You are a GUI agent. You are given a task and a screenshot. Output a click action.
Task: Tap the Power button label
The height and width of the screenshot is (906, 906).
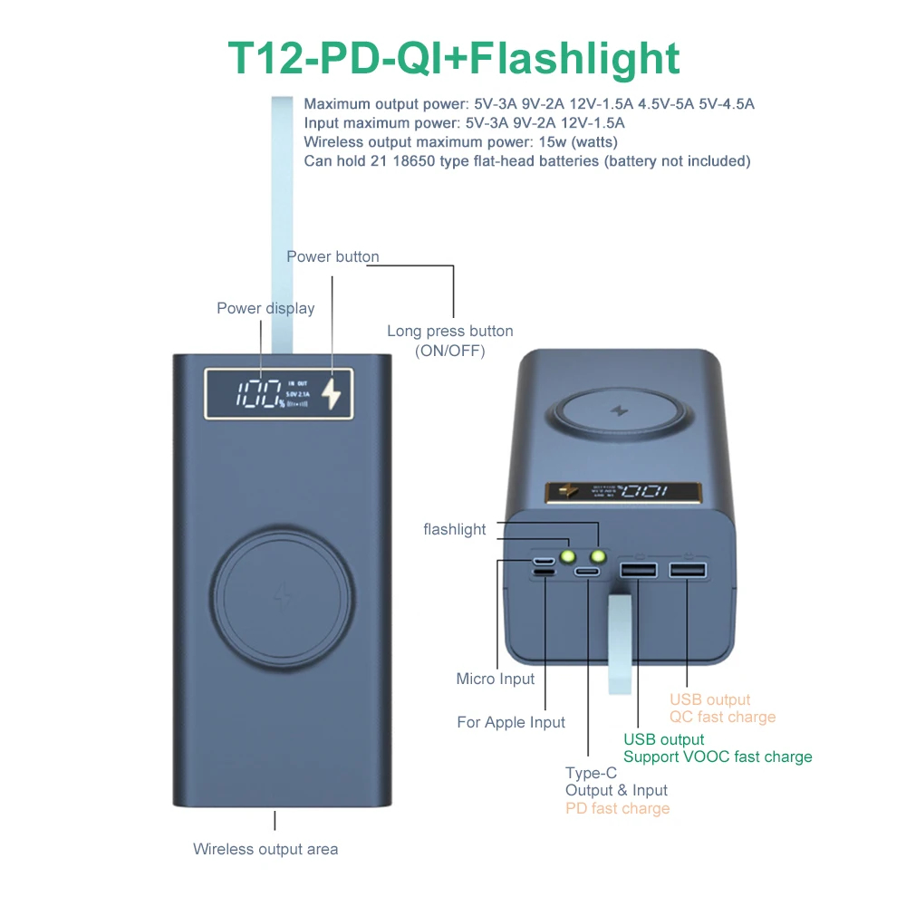333,256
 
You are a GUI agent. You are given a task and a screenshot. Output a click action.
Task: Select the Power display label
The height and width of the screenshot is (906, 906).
265,308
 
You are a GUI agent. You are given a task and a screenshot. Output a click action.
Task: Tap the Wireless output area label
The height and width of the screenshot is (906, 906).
265,849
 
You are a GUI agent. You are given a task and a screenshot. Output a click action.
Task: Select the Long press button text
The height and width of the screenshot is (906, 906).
449,331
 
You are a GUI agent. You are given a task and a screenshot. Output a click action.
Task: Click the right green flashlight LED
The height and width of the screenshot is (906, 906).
598,556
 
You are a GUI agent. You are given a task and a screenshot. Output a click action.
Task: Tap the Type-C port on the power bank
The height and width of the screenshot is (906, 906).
588,573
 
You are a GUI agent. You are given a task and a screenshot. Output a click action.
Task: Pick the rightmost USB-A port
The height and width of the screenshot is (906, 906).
687,571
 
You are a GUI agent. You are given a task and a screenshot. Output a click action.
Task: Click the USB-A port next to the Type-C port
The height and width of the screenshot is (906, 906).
638,571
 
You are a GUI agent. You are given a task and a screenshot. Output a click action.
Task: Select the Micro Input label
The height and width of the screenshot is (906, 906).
496,679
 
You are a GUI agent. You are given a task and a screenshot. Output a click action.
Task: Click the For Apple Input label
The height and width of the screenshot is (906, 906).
511,722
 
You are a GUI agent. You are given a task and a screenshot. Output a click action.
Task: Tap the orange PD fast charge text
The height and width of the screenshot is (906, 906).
617,808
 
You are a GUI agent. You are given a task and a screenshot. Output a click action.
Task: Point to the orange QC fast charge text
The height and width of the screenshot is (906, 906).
722,717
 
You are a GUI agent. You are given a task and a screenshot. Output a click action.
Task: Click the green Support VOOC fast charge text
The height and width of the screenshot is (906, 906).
718,757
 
